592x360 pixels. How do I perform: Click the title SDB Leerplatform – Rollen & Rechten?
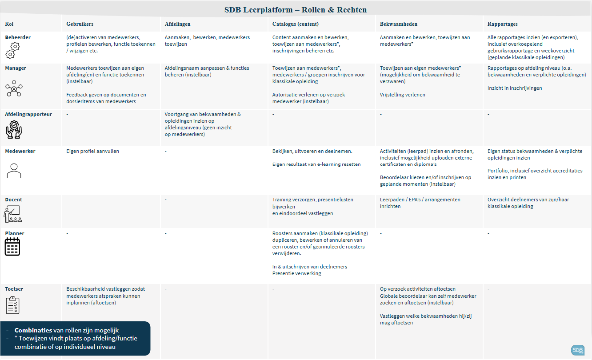click(296, 10)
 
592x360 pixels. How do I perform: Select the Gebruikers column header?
click(80, 24)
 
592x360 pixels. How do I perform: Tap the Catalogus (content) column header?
click(296, 24)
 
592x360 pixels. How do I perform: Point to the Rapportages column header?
click(502, 24)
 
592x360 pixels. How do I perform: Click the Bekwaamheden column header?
click(399, 24)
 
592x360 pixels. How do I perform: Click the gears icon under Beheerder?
click(12, 50)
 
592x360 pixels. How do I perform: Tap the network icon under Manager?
click(14, 88)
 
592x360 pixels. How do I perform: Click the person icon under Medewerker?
click(14, 170)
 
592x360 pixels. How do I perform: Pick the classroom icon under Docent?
click(13, 214)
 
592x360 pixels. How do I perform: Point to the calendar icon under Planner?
click(12, 247)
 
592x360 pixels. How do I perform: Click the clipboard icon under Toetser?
click(12, 305)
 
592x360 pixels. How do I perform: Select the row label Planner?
click(15, 233)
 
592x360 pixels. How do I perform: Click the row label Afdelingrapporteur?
click(28, 114)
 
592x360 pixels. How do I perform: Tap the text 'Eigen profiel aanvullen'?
click(92, 151)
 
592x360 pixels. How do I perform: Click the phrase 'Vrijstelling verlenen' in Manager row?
click(403, 95)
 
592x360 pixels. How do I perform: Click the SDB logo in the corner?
click(578, 350)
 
